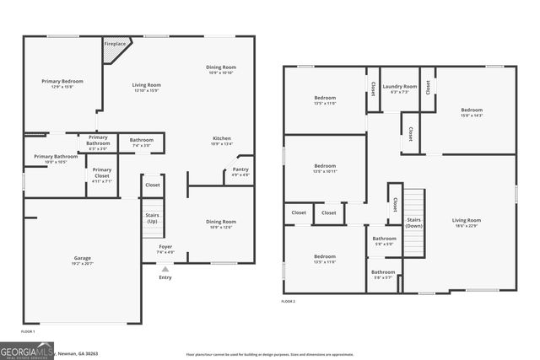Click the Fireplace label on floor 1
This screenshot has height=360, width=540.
(x=115, y=43)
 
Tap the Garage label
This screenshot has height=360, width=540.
(x=83, y=258)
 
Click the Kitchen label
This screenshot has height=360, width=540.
(x=221, y=138)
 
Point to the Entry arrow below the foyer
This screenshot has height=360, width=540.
(x=165, y=269)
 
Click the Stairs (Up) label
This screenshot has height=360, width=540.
(x=152, y=218)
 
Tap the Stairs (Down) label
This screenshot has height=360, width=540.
(x=413, y=223)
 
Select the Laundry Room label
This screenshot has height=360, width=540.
(x=399, y=86)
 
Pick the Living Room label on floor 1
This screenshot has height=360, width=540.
(x=146, y=85)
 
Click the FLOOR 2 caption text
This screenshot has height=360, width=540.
(x=289, y=301)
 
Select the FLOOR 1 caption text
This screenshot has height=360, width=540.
(x=27, y=332)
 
